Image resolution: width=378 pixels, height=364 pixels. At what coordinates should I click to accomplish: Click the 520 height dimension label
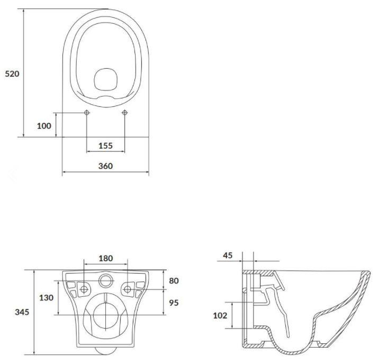click(x=12, y=74)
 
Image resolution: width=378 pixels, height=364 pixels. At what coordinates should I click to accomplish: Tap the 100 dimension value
click(x=44, y=126)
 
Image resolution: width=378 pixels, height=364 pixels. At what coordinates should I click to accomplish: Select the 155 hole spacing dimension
click(x=105, y=145)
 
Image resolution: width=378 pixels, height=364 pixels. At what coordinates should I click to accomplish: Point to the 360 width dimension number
click(x=105, y=166)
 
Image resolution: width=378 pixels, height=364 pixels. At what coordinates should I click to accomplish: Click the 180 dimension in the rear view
click(x=106, y=258)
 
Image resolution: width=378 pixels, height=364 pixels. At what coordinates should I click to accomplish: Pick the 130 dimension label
click(x=46, y=297)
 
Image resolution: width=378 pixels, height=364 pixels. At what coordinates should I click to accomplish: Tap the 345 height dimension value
click(x=22, y=312)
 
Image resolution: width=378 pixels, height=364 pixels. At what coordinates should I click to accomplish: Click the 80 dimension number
click(x=174, y=280)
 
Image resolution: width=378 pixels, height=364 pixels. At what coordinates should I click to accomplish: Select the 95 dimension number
click(x=174, y=303)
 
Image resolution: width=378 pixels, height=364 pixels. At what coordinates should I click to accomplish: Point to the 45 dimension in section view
click(x=228, y=256)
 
